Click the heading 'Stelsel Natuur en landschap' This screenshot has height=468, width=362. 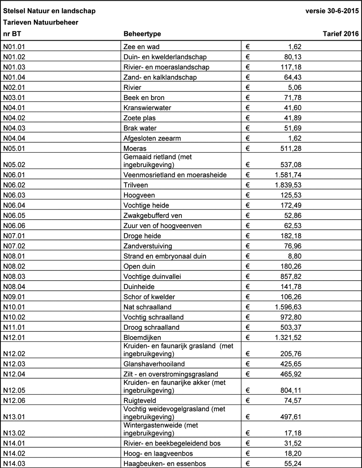[49, 11]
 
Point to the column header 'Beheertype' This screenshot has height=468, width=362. [142, 34]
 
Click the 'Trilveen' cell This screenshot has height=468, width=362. [135, 185]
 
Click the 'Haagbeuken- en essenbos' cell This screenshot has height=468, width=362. [165, 464]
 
